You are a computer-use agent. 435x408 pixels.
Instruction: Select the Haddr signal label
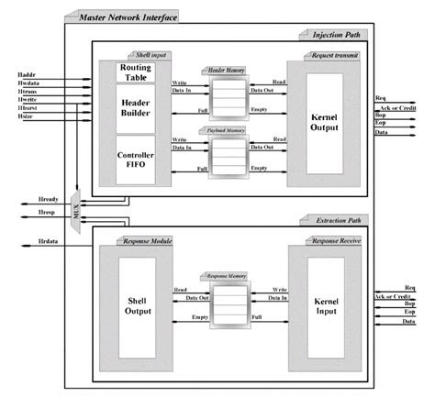(26, 72)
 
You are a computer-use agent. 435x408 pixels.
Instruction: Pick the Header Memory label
(228, 70)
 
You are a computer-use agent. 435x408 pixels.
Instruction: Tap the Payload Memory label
(228, 129)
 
